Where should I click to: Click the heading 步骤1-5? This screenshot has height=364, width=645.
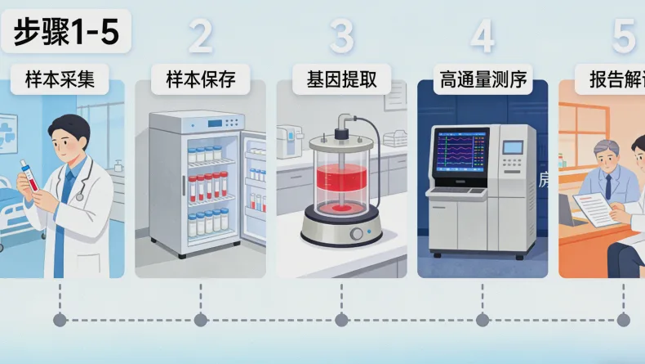tap(65, 34)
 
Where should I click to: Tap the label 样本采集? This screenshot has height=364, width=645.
tap(59, 81)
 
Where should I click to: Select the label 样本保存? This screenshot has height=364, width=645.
tap(200, 81)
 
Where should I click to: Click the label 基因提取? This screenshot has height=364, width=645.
tap(341, 81)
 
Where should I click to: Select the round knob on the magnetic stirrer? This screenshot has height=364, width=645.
tap(356, 234)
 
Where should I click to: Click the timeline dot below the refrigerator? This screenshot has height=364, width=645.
tap(200, 320)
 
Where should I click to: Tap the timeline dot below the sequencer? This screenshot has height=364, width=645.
tap(483, 320)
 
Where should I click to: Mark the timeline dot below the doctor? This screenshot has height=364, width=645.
tap(59, 320)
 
